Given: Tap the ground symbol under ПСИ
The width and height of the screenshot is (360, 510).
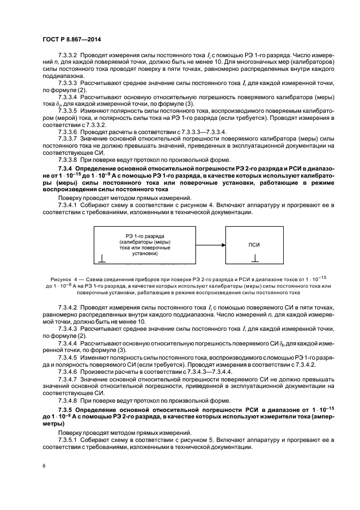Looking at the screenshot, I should coord(255,260).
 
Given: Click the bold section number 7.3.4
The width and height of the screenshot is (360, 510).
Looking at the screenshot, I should coord(66,169).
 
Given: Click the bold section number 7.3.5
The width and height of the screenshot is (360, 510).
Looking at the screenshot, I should coord(66,409).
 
